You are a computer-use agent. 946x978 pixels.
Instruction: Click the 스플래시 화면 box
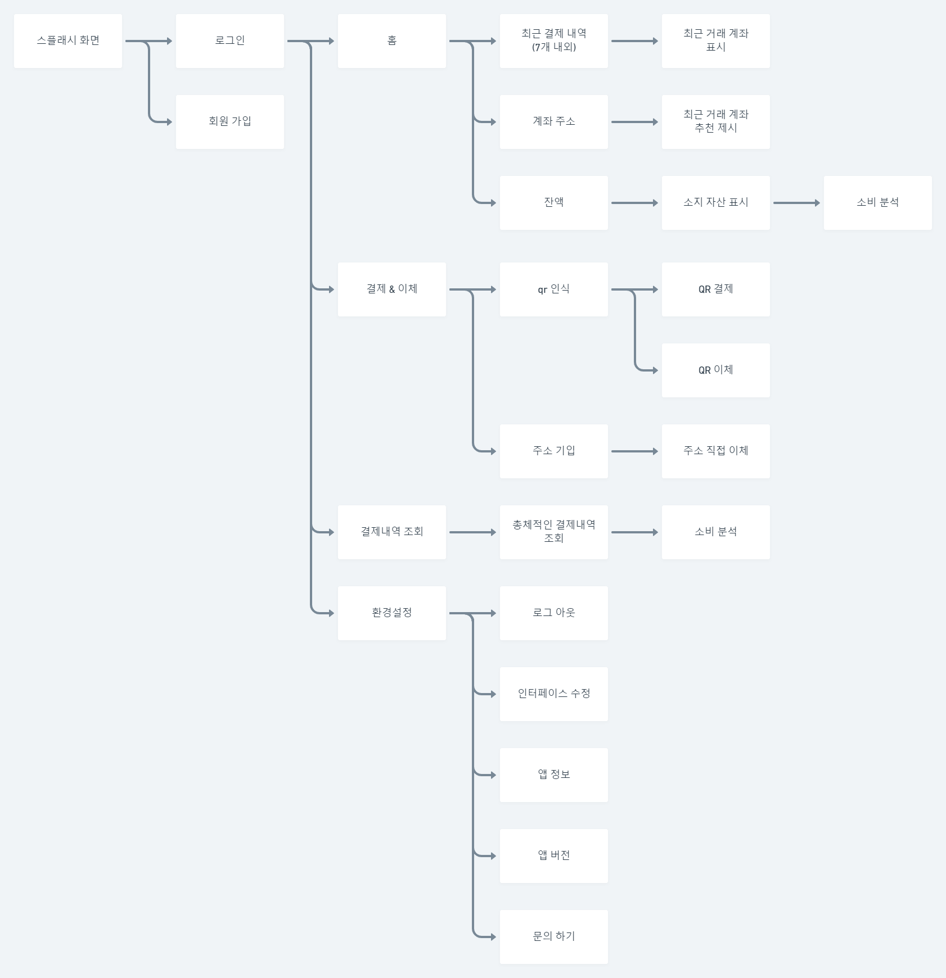coord(68,41)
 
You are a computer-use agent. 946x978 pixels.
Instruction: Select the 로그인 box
coord(230,41)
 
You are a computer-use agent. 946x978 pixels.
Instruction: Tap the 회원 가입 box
coord(230,122)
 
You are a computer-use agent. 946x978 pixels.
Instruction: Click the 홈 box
coord(392,41)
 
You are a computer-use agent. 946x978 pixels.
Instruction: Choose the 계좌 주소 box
coord(554,122)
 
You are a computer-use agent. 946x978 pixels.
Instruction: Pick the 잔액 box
coord(554,203)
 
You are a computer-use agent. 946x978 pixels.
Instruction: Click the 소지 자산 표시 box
coord(716,203)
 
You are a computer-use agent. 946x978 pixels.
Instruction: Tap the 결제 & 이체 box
coord(392,289)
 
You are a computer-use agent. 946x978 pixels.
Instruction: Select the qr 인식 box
coord(554,289)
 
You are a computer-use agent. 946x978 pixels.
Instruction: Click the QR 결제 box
coord(716,289)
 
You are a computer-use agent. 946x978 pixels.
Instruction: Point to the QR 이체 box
coord(716,370)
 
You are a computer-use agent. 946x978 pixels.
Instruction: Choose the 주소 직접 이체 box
coord(716,451)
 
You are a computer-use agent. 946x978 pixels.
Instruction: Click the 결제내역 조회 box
coord(392,532)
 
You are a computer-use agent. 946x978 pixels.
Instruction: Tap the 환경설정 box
coord(392,613)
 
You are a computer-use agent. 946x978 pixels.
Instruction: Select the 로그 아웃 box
coord(554,613)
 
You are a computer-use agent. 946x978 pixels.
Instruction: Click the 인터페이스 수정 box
coord(554,694)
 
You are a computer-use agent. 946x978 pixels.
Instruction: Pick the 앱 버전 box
coord(554,856)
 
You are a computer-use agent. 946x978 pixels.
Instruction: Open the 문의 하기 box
coord(554,937)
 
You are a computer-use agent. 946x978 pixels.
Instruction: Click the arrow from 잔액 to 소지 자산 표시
coord(635,203)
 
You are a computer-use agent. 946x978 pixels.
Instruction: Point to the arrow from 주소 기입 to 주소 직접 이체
coord(635,451)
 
